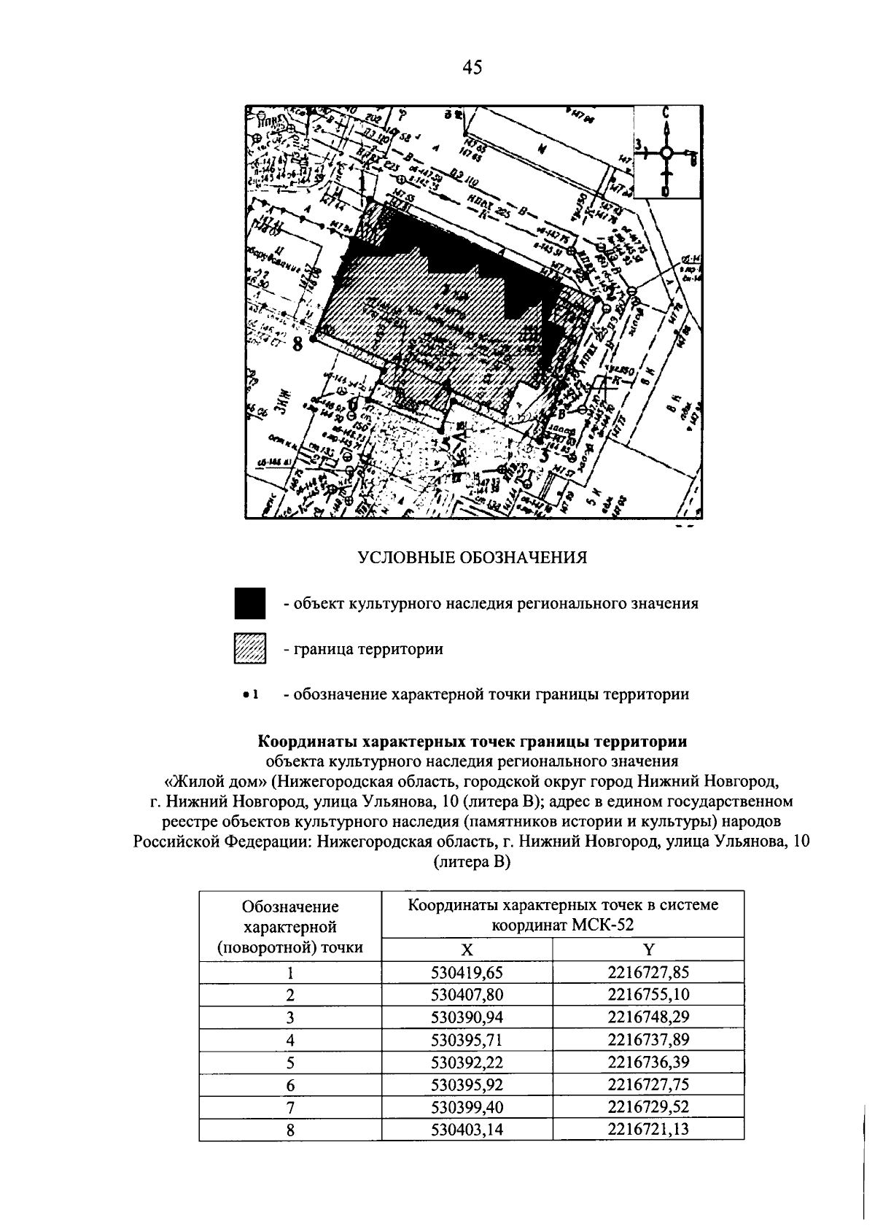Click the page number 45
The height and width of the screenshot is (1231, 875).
pos(472,68)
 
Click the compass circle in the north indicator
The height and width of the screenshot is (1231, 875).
pos(666,153)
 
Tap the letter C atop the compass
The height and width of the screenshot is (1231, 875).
pos(666,114)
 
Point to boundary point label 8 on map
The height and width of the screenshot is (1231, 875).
pos(297,343)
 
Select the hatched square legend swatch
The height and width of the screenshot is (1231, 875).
pos(250,648)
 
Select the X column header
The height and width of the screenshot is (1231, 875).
pos(467,950)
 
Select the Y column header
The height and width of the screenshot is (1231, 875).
pos(648,950)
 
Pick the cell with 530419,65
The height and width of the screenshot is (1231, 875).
pos(467,972)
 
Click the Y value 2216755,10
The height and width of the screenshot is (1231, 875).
pos(648,995)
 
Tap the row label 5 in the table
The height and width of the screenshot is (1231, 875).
pos(290,1063)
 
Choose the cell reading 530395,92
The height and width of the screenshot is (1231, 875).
pos(467,1084)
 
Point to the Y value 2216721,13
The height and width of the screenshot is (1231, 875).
pos(648,1130)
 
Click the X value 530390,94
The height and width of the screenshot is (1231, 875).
pos(467,1017)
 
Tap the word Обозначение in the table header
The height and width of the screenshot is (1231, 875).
pos(290,906)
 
